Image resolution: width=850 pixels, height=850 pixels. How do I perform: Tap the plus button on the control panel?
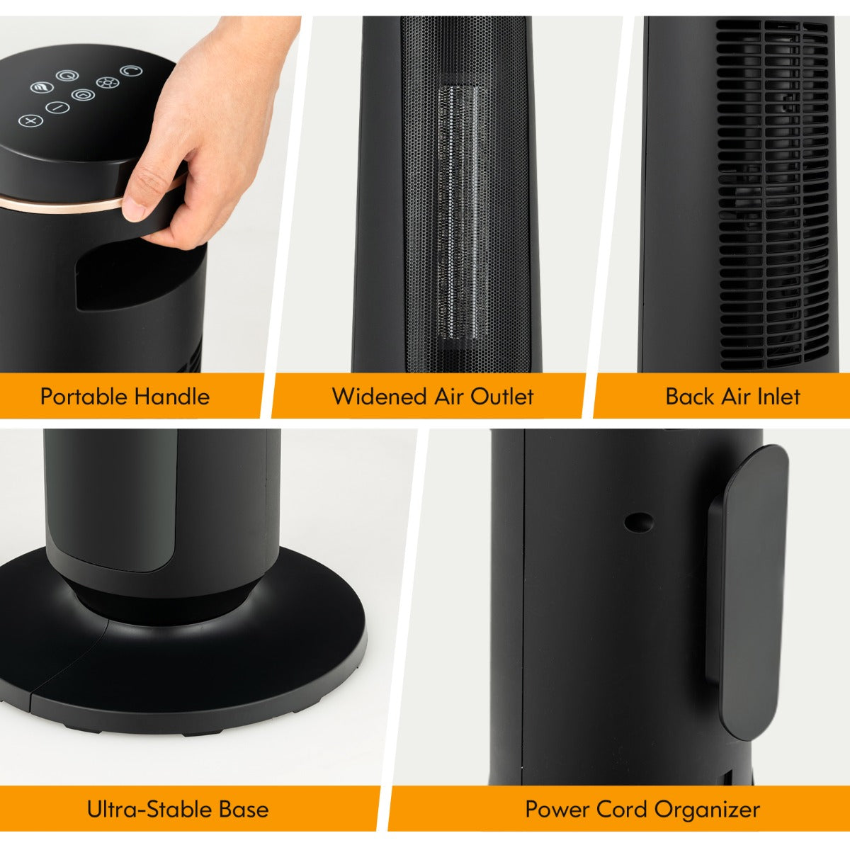31,121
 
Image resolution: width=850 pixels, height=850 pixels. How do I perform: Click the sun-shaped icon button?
108,82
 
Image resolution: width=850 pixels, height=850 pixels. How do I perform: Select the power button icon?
67,76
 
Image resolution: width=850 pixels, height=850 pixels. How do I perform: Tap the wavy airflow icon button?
42,87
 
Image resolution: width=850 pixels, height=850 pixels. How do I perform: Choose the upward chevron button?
83,94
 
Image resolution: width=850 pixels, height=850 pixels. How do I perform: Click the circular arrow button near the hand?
131,71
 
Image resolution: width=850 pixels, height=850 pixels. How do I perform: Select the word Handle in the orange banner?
171,396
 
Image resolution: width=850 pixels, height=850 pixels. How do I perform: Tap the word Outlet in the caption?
502,396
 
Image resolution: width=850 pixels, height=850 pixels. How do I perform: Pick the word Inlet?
778,396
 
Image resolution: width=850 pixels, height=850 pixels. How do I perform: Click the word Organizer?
707,810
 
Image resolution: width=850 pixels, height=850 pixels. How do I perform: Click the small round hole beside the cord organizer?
639,522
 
